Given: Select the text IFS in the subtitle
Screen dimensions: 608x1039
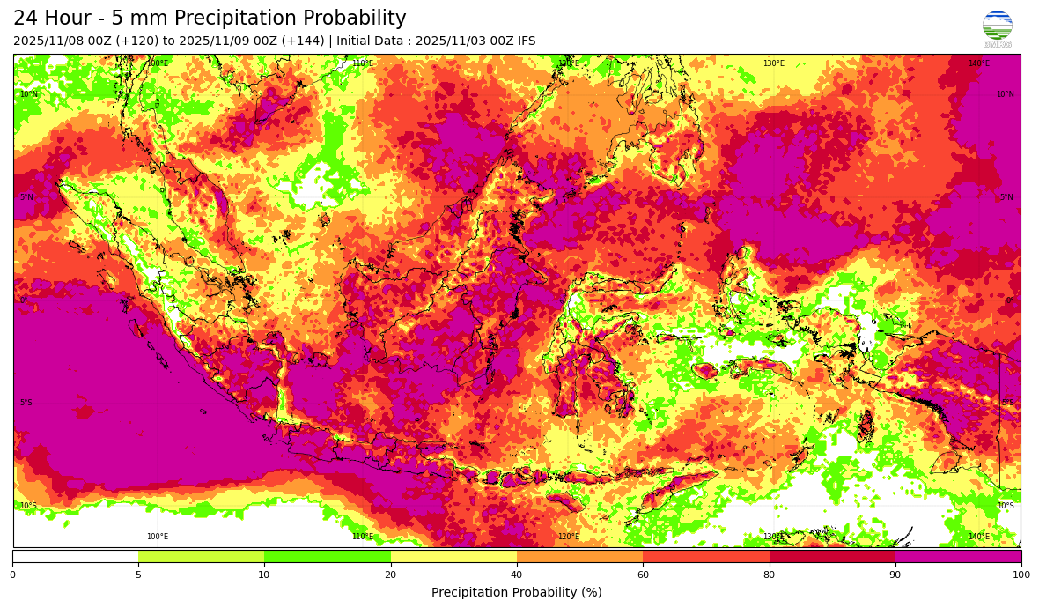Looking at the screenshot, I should [525, 41].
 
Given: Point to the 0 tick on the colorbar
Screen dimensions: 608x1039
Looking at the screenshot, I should [12, 575].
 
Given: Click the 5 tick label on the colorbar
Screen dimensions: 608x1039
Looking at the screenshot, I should [138, 575].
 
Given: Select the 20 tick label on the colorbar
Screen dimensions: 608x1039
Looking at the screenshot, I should [390, 575].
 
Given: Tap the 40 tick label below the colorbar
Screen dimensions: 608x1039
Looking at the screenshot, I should [517, 575].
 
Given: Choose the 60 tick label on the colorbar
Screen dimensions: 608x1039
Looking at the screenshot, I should [643, 575].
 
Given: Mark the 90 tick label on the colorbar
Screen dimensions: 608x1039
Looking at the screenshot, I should [895, 575].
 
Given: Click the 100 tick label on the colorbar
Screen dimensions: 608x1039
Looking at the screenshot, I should [1021, 575].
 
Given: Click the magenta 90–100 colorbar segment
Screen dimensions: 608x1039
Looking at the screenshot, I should [958, 556].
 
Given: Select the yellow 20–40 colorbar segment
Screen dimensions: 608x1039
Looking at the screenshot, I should [453, 556].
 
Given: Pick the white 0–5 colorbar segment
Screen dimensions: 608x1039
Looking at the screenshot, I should [75, 556].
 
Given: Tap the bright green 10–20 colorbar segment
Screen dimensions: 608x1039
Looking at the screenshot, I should [328, 556].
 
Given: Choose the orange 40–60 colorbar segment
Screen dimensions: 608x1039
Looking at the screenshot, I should [579, 556].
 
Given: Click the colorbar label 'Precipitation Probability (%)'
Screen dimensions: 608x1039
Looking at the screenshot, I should [517, 592].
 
